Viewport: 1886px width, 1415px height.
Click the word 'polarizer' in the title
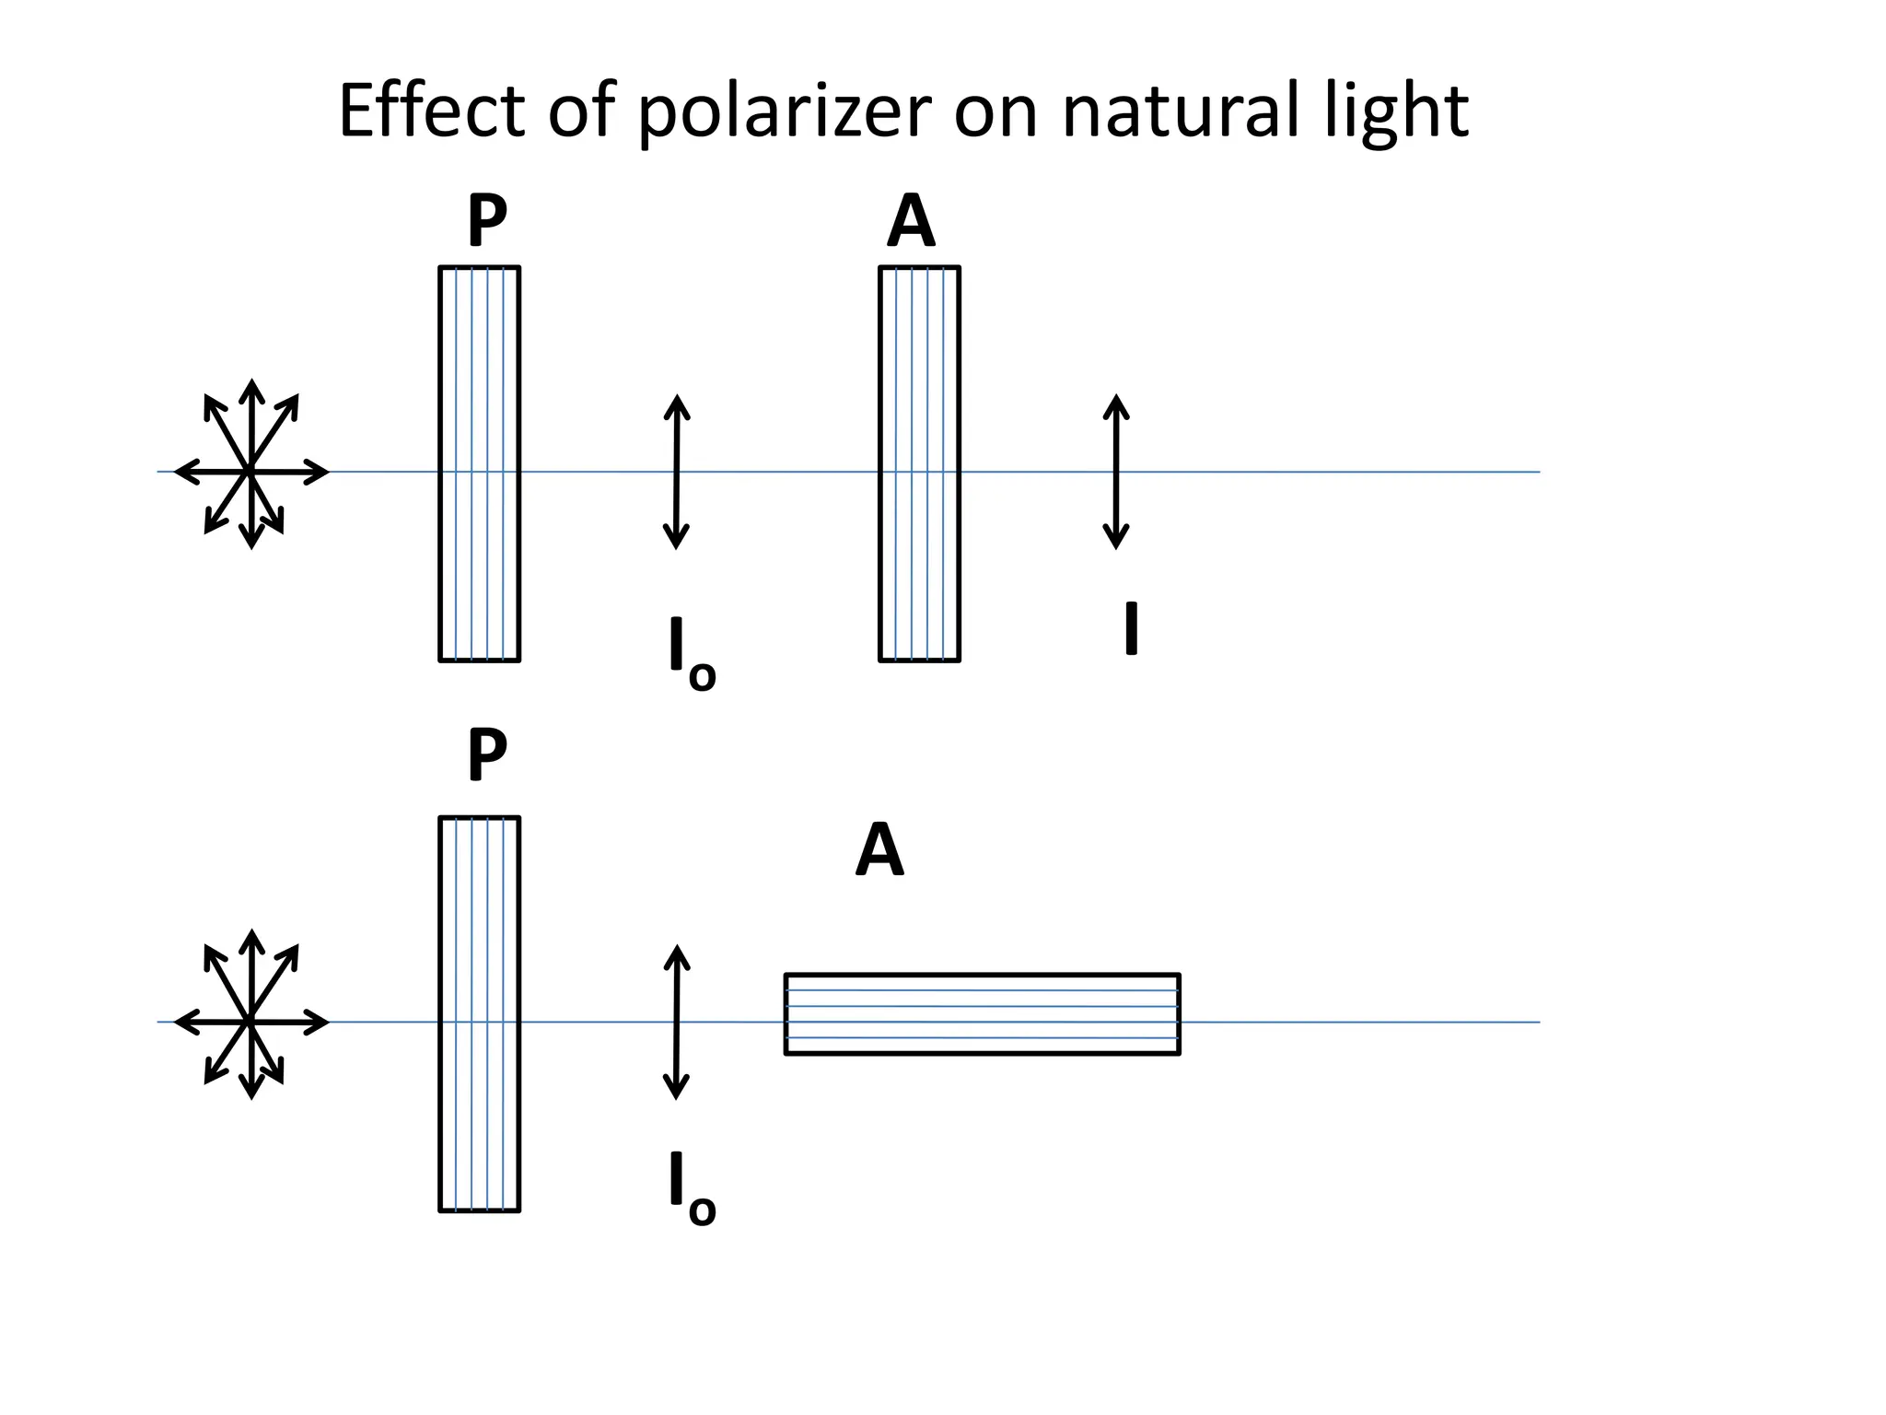click(784, 112)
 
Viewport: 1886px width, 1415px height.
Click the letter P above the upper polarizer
click(487, 221)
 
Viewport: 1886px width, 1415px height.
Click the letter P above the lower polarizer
click(487, 754)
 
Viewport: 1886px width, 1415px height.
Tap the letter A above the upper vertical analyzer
click(911, 222)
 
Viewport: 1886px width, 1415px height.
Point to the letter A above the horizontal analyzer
click(879, 850)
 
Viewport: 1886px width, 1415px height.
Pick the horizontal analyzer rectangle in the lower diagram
click(982, 1013)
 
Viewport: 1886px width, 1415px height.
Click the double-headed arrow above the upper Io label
click(677, 472)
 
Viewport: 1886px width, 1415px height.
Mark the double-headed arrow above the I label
click(1116, 472)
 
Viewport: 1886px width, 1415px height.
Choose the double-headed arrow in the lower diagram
click(677, 1022)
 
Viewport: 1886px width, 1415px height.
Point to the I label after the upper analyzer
click(1131, 628)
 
